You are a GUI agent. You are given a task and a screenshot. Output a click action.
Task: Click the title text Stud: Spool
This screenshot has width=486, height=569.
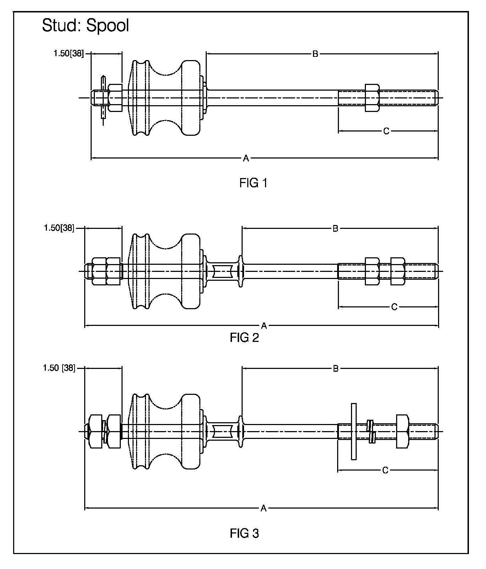pyautogui.click(x=85, y=26)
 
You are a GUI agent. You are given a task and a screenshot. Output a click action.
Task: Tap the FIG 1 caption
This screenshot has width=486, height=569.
pyautogui.click(x=253, y=183)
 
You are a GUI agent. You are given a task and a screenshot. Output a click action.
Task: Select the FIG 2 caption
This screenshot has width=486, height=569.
pyautogui.click(x=244, y=338)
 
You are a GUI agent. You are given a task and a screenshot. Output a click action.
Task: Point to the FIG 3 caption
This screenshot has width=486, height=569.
pyautogui.click(x=244, y=533)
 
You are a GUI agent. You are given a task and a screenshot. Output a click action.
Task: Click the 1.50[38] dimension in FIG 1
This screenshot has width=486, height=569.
pyautogui.click(x=69, y=53)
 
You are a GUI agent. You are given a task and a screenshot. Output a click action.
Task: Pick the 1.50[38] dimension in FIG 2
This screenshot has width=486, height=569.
pyautogui.click(x=59, y=228)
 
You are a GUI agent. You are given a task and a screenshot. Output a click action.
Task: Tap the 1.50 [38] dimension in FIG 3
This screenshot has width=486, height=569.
pyautogui.click(x=59, y=368)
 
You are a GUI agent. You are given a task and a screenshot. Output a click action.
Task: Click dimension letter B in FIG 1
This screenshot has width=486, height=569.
pyautogui.click(x=315, y=54)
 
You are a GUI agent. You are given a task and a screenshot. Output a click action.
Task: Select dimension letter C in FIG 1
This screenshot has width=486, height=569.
pyautogui.click(x=386, y=131)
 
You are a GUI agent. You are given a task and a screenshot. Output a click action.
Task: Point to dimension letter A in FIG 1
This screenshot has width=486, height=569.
pyautogui.click(x=246, y=158)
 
